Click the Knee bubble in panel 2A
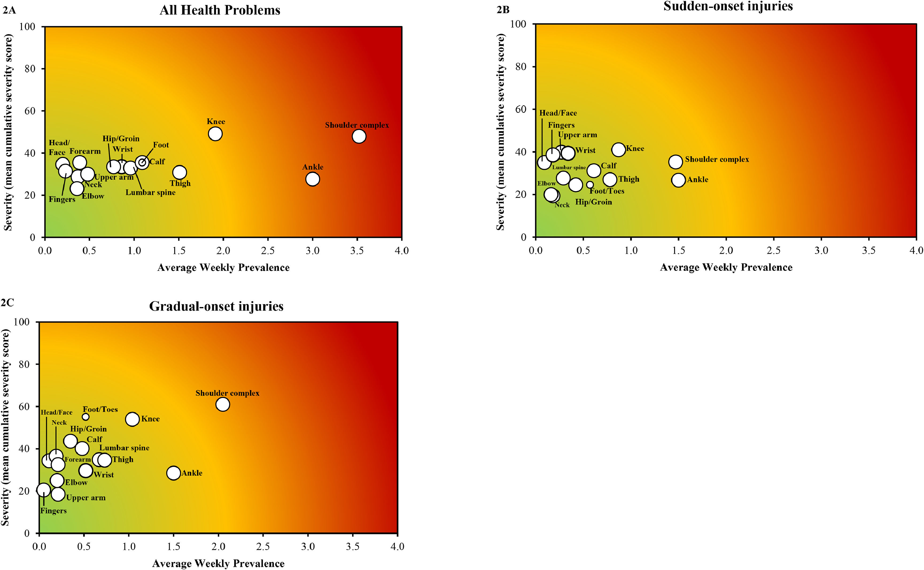click(215, 133)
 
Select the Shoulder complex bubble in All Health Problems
click(359, 136)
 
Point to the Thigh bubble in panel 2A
click(180, 172)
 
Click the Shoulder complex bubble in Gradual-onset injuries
click(223, 404)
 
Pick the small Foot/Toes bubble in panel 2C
click(86, 417)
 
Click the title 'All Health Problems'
click(220, 10)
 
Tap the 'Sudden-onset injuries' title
click(728, 6)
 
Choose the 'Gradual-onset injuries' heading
click(216, 306)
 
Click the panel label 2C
click(7, 302)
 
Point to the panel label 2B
click(503, 10)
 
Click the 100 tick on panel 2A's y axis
click(28, 26)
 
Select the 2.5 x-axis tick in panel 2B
click(774, 250)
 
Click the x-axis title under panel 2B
click(726, 267)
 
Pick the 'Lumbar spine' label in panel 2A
click(150, 192)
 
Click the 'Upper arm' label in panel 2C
click(86, 498)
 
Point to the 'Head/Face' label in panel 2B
click(558, 113)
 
